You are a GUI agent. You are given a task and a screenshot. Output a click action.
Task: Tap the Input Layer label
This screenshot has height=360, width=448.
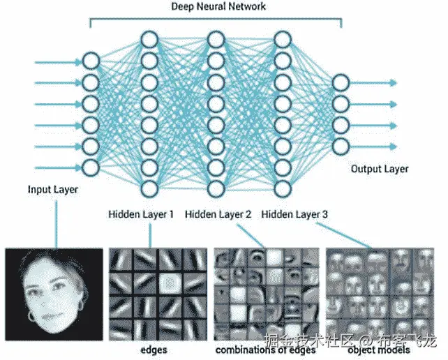pos(53,189)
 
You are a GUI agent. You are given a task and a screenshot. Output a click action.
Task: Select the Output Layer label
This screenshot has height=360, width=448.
pos(380,169)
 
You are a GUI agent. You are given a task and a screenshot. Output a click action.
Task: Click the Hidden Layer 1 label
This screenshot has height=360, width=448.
pos(141,215)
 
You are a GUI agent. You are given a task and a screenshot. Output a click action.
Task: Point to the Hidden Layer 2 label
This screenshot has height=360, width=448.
pos(218,215)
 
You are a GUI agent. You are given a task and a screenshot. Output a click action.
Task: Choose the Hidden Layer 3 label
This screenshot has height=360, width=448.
pos(294,215)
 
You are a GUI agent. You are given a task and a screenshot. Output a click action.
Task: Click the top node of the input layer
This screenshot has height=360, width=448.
pos(91,61)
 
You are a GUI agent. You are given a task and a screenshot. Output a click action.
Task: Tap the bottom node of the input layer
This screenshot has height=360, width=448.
pos(91,167)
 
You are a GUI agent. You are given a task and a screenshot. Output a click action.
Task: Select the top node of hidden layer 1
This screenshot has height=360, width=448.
pos(149,39)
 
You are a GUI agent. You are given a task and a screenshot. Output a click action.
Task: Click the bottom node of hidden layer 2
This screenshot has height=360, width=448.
pos(216,188)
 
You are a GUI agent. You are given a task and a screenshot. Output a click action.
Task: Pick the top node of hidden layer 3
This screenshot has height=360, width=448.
pos(283,39)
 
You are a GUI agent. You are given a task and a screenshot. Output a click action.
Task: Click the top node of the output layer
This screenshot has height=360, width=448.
pos(341,82)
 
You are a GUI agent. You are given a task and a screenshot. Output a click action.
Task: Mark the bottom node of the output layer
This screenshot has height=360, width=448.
pos(341,146)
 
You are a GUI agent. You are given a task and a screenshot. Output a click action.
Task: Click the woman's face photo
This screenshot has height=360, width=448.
pos(53,292)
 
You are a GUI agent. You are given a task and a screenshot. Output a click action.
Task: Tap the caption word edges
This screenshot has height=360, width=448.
pos(152,349)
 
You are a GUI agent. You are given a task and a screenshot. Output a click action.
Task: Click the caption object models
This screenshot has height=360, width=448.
pos(378,349)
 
